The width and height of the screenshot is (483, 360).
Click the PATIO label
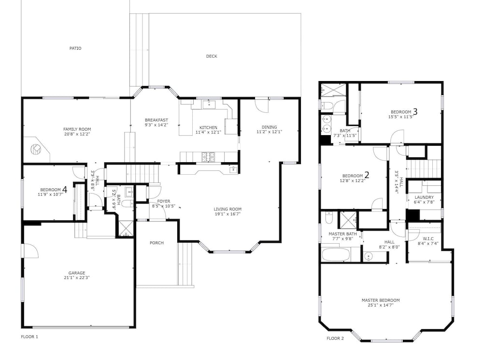pos(75,48)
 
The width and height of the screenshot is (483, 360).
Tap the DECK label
pos(212,56)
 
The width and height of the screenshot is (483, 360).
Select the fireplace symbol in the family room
pos(36,149)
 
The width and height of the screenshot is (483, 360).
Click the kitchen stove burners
pos(206,157)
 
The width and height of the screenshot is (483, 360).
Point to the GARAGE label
pos(77,273)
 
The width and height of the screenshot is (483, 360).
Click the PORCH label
pos(156,243)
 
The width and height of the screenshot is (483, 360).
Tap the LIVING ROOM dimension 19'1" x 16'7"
pos(227,214)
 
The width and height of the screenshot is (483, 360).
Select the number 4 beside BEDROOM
pos(65,190)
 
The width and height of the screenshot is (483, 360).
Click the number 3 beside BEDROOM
pos(415,111)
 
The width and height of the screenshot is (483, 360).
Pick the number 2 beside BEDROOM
pos(367,175)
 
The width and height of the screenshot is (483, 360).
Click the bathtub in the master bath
pos(336,255)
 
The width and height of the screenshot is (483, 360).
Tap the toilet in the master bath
pos(328,218)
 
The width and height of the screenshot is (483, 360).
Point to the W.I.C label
pos(428,238)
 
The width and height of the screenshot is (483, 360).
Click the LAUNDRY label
pos(424,197)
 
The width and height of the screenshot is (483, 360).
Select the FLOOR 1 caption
pos(29,337)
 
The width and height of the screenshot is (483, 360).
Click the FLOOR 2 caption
pos(335,338)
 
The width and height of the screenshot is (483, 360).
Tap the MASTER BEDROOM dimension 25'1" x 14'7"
pos(381,305)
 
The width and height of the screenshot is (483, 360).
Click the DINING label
pos(269,127)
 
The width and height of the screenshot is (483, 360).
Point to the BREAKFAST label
pos(156,120)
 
